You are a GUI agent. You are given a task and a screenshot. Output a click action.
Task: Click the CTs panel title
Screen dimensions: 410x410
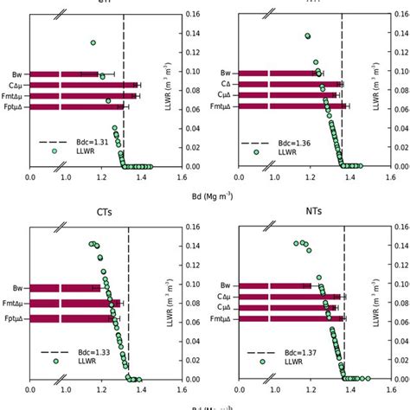tap(106, 212)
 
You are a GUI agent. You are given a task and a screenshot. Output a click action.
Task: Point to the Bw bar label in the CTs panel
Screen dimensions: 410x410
tap(17, 287)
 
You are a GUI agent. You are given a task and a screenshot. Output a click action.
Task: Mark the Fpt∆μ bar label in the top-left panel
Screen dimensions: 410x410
tap(12, 106)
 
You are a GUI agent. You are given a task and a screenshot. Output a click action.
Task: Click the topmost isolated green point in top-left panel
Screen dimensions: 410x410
tap(93, 42)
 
